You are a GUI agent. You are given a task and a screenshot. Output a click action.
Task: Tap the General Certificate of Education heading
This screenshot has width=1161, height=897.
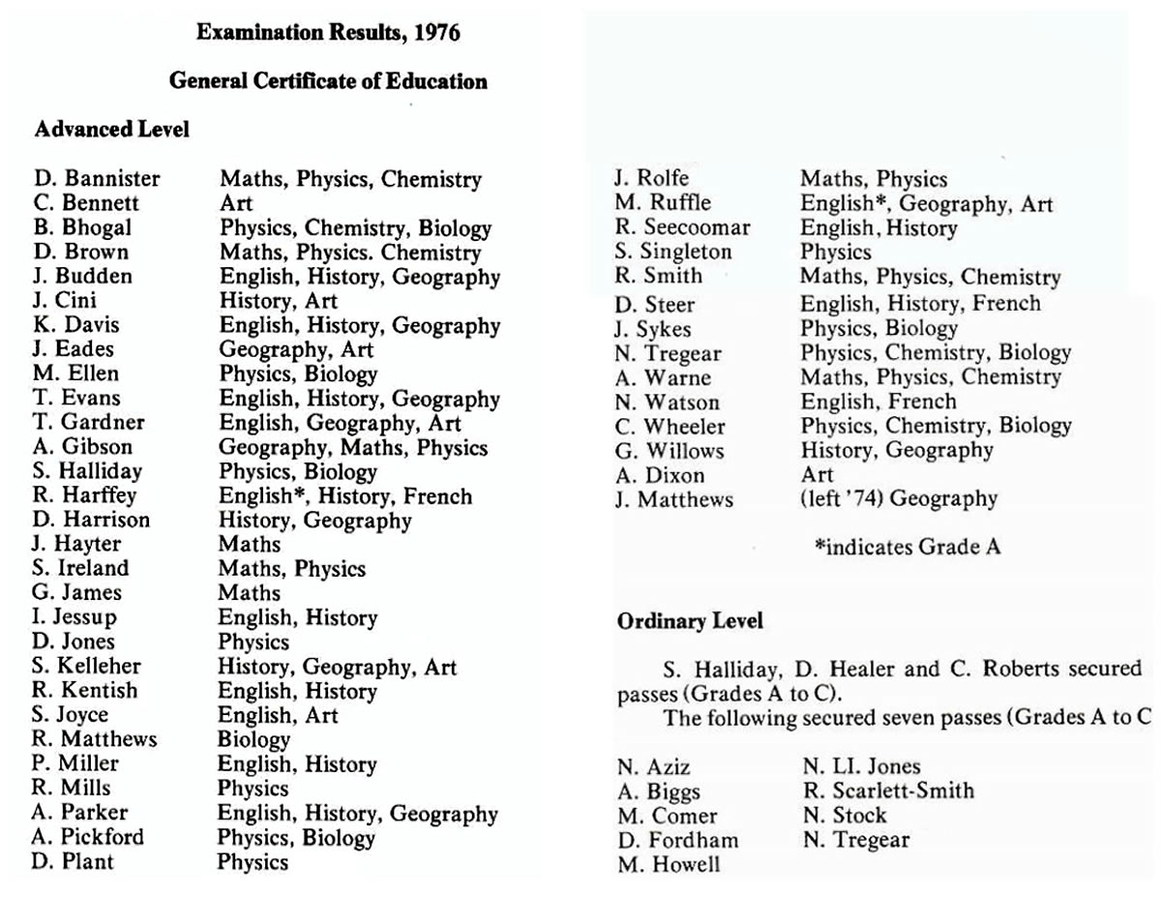point(328,81)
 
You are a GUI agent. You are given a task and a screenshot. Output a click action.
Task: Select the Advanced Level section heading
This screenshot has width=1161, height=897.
point(111,130)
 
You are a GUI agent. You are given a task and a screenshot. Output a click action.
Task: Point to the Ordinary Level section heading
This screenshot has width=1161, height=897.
point(690,622)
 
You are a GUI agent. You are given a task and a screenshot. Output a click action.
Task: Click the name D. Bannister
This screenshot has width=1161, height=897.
point(96,179)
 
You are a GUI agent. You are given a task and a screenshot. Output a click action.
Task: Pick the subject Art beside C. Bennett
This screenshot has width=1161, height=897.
point(235,203)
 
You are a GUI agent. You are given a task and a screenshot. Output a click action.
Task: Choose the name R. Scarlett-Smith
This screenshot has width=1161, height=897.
point(888,791)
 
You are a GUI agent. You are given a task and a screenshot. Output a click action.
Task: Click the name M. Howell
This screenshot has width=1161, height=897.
point(669,864)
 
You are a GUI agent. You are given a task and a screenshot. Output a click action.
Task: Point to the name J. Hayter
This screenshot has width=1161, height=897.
point(76,545)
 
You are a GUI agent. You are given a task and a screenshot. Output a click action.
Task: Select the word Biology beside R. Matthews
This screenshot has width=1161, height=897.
point(253,740)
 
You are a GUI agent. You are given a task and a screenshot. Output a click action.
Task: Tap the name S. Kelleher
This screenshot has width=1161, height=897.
point(86,667)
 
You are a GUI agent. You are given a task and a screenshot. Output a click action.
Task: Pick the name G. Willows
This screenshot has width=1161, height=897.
point(669,451)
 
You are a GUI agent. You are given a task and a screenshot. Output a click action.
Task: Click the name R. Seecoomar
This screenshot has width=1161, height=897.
point(682,228)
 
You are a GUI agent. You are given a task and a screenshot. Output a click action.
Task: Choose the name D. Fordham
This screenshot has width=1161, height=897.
point(677,840)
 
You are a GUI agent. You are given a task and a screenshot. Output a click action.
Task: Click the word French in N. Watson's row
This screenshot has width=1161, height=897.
point(921,402)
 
